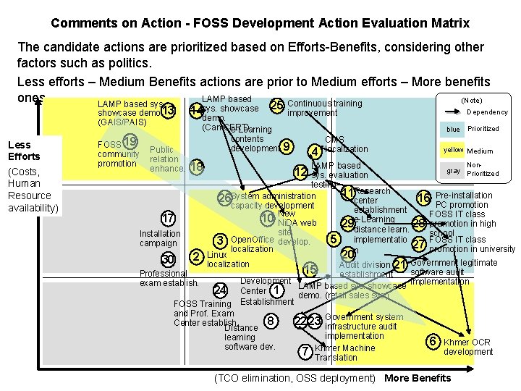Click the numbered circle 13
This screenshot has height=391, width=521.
[x=168, y=111]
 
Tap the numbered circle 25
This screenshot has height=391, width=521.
[x=276, y=106]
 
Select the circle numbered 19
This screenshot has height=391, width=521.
[x=130, y=141]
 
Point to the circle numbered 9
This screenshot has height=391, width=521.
[x=287, y=147]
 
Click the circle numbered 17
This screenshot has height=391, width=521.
[x=168, y=219]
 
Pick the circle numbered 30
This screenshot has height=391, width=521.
[x=168, y=260]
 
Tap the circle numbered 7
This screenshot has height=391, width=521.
[x=306, y=352]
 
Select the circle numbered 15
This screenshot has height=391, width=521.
[x=310, y=270]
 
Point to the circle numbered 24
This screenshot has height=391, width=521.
[x=221, y=290]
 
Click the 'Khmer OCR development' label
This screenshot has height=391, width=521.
[x=467, y=347]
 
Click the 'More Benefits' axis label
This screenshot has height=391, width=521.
[x=418, y=378]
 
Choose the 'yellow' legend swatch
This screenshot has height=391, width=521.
[x=453, y=150]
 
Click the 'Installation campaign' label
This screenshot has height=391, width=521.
[x=160, y=238]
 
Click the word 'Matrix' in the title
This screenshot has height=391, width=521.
[x=449, y=23]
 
